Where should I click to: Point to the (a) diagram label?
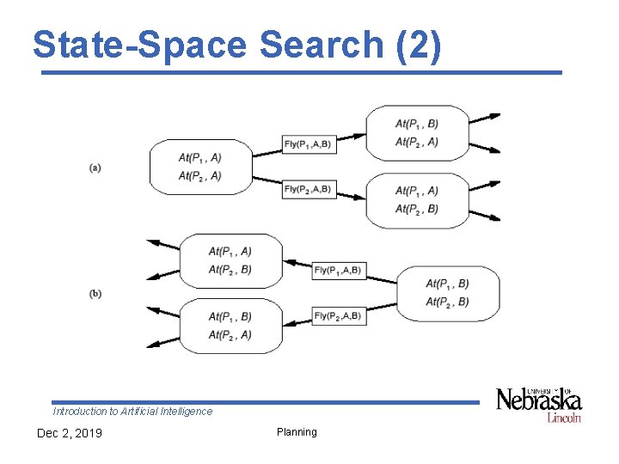pos(95,167)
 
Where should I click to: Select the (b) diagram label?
pos(95,294)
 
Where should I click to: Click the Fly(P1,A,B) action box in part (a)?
pos(308,143)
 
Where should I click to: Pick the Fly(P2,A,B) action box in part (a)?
pos(308,189)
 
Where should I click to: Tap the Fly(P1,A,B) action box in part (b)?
pos(338,271)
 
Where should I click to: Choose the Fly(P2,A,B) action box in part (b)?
pos(338,316)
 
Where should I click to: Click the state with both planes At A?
pos(200,167)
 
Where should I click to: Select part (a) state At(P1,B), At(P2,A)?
pos(417,132)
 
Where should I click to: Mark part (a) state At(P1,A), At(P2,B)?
pos(417,199)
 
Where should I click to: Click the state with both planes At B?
pos(447,293)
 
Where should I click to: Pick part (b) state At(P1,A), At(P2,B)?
pos(230,260)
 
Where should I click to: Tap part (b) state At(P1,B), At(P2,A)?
pos(230,326)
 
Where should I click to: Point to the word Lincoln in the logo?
pos(564,418)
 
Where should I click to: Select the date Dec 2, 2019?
pos(69,433)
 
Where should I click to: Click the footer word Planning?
pos(297,432)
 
